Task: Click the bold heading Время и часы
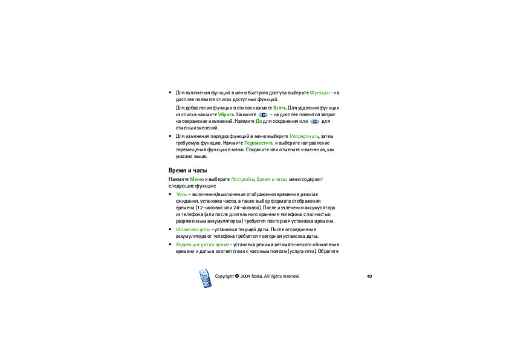pyautogui.click(x=187, y=171)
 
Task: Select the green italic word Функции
pyautogui.click(x=319, y=93)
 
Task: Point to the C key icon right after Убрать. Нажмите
pyautogui.click(x=263, y=114)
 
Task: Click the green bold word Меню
pyautogui.click(x=196, y=180)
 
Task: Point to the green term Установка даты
pyautogui.click(x=192, y=230)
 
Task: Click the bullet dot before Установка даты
pyautogui.click(x=170, y=230)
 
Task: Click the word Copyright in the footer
pyautogui.click(x=225, y=277)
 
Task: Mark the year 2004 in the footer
pyautogui.click(x=245, y=277)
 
